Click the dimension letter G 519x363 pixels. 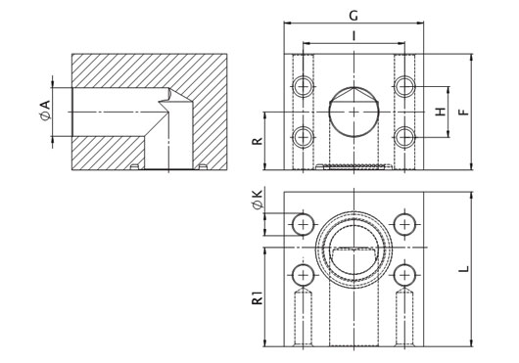pyautogui.click(x=354, y=16)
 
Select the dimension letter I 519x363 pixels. pyautogui.click(x=354, y=35)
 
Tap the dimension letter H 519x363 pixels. pyautogui.click(x=441, y=112)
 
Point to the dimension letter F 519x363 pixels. pyautogui.click(x=464, y=112)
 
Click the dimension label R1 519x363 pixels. pyautogui.click(x=258, y=297)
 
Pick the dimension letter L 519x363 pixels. pyautogui.click(x=464, y=269)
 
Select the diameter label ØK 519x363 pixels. pyautogui.click(x=258, y=200)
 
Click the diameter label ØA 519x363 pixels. pyautogui.click(x=45, y=111)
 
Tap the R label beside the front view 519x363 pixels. pyautogui.click(x=258, y=141)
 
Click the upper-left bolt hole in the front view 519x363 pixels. pyautogui.click(x=304, y=86)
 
